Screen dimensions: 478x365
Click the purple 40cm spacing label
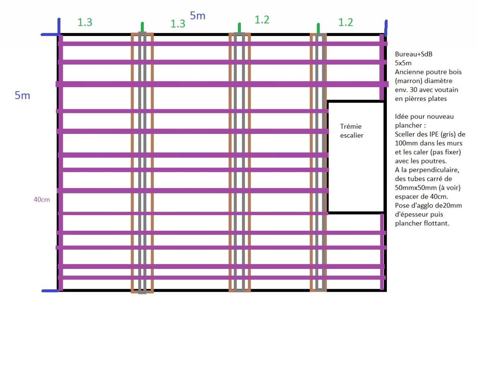tap(41, 200)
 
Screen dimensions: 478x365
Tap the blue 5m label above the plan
tap(198, 16)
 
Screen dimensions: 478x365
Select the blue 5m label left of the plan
tap(22, 95)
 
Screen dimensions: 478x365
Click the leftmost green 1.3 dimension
tap(85, 22)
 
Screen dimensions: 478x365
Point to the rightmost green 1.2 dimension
tap(345, 22)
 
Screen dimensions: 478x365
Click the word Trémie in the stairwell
tap(351, 126)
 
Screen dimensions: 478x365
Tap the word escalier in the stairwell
tap(351, 135)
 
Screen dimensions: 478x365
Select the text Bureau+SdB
tap(413, 54)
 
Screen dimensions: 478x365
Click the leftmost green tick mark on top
tap(142, 27)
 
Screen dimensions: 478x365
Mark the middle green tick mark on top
tap(239, 27)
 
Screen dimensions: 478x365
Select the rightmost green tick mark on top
tap(318, 28)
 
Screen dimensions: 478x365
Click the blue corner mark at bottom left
tap(50, 291)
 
